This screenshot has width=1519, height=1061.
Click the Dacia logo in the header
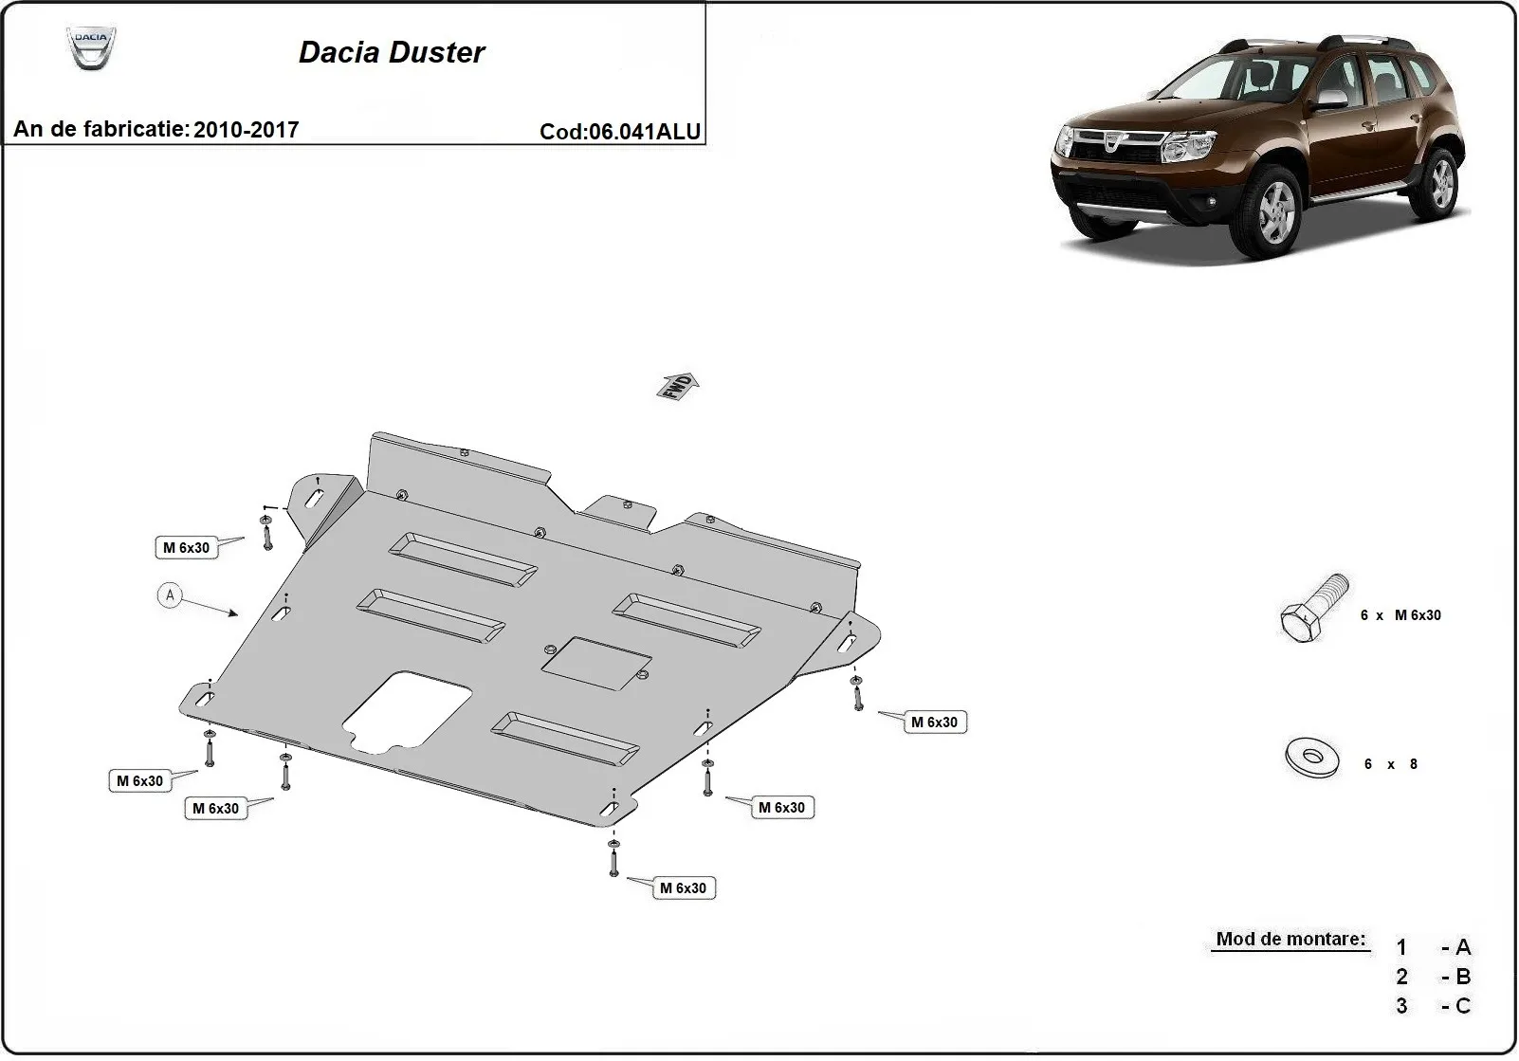91,47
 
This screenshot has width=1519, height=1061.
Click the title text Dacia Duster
392,52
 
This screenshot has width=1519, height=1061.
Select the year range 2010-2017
246,130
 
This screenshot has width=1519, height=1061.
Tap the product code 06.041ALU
645,132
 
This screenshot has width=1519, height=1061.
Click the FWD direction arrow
679,386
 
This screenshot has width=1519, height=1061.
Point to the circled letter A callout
170,595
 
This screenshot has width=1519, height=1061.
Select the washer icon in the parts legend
1312,757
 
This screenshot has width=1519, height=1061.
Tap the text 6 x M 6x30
1400,615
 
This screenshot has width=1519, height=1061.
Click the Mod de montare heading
1290,939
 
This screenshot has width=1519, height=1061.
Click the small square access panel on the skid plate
595,663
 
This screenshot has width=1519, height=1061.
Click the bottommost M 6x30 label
683,888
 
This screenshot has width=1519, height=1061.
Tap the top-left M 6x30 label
186,547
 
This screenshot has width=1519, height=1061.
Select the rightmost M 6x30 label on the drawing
934,723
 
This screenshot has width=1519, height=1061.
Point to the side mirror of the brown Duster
1332,99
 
